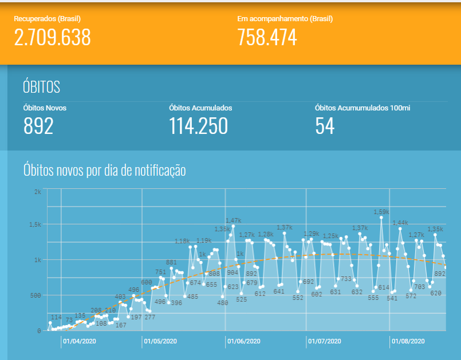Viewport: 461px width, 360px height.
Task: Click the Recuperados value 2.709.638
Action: [x=52, y=37]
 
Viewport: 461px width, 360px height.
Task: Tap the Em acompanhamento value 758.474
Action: [x=267, y=37]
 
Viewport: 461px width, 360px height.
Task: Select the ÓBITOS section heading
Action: [x=41, y=87]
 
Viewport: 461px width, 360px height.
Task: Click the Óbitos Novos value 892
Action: [x=38, y=126]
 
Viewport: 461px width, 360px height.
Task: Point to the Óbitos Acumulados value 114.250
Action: [x=198, y=126]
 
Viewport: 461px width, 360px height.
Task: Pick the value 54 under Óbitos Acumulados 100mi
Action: [x=325, y=126]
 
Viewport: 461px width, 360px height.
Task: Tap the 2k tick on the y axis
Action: [x=37, y=192]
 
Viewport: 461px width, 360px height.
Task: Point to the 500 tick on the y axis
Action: [x=36, y=295]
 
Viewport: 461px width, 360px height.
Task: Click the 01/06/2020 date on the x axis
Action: [x=243, y=341]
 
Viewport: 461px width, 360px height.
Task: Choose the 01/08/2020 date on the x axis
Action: [x=407, y=341]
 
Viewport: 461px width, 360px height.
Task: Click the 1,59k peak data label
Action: [x=381, y=212]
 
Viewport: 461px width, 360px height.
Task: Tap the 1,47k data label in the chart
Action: [x=233, y=220]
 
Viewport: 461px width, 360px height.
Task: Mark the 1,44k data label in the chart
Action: [x=400, y=223]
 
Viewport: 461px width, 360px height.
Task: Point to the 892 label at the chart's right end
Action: [x=440, y=274]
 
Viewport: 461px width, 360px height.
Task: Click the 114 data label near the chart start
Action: [x=56, y=317]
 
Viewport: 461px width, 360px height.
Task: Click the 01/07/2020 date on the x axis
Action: [x=325, y=341]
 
